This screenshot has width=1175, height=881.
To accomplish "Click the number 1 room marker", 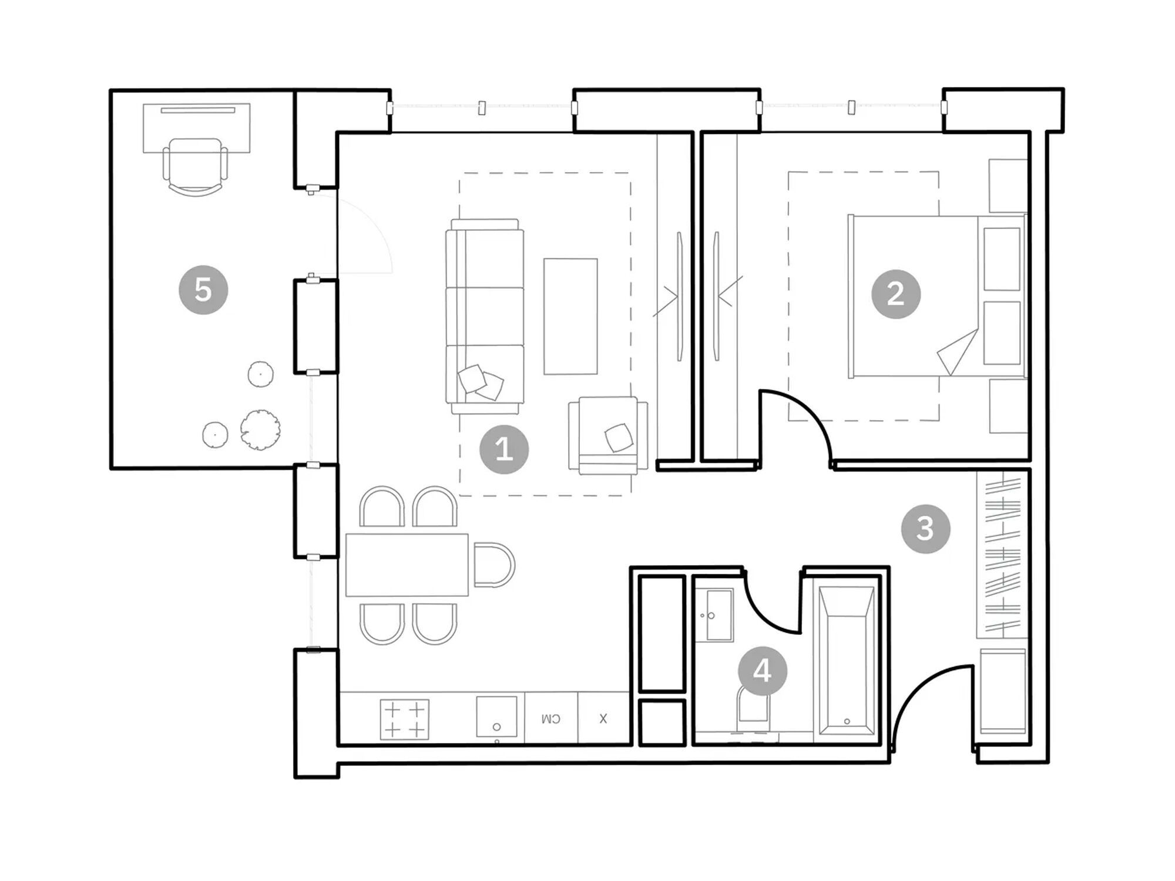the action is (x=504, y=449).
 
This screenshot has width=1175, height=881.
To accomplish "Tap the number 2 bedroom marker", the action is (x=895, y=294).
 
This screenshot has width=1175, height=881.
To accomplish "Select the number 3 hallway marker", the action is (x=925, y=529).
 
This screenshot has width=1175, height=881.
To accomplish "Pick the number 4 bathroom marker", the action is (x=762, y=671).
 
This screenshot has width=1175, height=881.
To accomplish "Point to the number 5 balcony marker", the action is (x=203, y=290).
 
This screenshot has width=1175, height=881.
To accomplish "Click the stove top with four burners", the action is (x=404, y=719).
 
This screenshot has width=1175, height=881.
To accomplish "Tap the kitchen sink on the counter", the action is (x=496, y=717).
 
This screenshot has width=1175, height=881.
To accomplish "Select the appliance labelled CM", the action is (x=550, y=718).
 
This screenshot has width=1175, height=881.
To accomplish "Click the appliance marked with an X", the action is (x=603, y=718).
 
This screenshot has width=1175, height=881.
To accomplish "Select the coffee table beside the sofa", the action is (x=570, y=317).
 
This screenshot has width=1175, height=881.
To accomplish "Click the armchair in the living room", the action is (x=608, y=435).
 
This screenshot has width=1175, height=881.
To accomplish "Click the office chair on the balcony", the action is (x=195, y=166).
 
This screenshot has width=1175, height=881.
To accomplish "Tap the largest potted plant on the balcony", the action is (x=260, y=429).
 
